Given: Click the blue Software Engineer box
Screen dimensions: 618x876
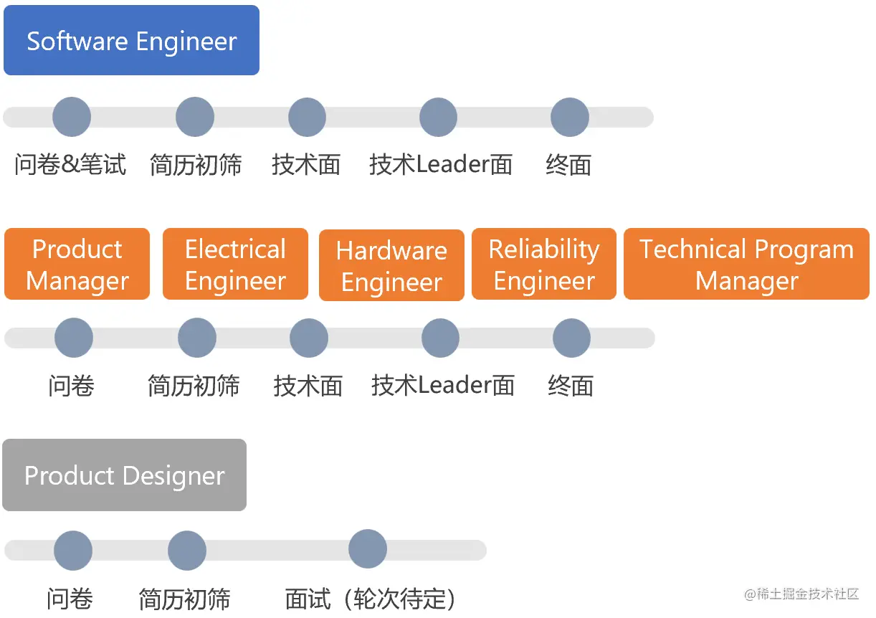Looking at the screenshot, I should pyautogui.click(x=131, y=41).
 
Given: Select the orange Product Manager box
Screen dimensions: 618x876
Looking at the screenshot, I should pyautogui.click(x=77, y=265).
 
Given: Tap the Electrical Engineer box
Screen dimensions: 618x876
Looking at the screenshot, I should pyautogui.click(x=235, y=265).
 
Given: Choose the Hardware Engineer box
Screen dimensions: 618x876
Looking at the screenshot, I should pyautogui.click(x=391, y=266).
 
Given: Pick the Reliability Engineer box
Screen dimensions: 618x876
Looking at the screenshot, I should pyautogui.click(x=544, y=265).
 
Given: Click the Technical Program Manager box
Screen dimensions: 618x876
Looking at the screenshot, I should pyautogui.click(x=746, y=265).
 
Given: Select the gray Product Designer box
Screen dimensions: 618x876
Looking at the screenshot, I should pyautogui.click(x=124, y=475).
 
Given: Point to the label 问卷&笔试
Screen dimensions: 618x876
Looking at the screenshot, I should pyautogui.click(x=70, y=165).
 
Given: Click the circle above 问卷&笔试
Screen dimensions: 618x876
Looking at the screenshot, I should pyautogui.click(x=72, y=117).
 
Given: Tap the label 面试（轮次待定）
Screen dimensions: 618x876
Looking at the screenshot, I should pyautogui.click(x=370, y=599).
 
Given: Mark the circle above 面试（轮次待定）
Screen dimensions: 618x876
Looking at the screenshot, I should pyautogui.click(x=368, y=549).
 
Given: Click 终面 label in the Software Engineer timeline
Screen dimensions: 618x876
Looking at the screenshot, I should pyautogui.click(x=568, y=165).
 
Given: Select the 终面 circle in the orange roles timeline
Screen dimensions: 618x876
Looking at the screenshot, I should pyautogui.click(x=572, y=338).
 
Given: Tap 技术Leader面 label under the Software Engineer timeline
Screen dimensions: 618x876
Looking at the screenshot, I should pyautogui.click(x=441, y=165).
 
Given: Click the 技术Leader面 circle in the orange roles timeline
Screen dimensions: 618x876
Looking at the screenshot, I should pyautogui.click(x=440, y=338).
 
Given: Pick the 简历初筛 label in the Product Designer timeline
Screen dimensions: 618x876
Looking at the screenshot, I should pyautogui.click(x=185, y=599).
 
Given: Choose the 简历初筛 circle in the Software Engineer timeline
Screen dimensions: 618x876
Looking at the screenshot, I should pyautogui.click(x=195, y=117).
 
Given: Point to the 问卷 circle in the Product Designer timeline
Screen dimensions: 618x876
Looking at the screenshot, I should pyautogui.click(x=73, y=551).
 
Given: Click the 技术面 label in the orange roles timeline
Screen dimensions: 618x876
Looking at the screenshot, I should pyautogui.click(x=308, y=386).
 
